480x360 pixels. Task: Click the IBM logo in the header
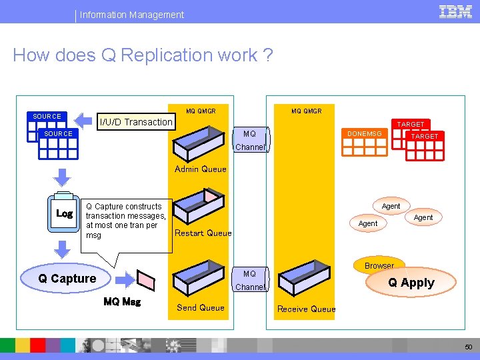tap(455, 11)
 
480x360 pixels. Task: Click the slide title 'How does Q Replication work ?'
tap(143, 55)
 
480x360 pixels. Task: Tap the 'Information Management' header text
tap(132, 14)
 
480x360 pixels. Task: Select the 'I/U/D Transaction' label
tap(136, 122)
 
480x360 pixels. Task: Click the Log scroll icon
tap(65, 213)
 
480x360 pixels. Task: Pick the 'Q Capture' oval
tap(67, 279)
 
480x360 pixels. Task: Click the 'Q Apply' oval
tap(411, 283)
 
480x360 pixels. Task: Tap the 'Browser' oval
tap(379, 265)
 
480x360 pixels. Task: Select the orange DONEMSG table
tap(364, 141)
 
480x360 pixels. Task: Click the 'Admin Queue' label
tap(201, 169)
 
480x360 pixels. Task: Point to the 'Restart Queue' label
tap(203, 233)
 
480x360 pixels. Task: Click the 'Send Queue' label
tap(200, 307)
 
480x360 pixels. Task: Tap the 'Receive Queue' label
tap(306, 309)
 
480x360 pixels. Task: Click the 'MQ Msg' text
tap(122, 301)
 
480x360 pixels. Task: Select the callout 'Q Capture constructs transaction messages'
tap(126, 221)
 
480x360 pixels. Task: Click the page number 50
tap(467, 347)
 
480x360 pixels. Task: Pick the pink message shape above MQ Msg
tap(145, 278)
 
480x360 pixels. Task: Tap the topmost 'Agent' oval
tap(391, 206)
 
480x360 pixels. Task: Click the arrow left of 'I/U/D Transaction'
tap(83, 121)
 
